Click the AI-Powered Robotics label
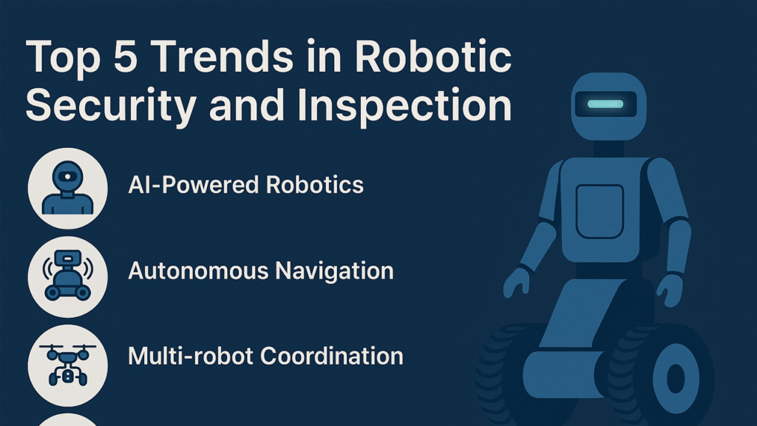pos(246,183)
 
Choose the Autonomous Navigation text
pos(260,270)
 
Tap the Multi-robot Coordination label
pos(265,356)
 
